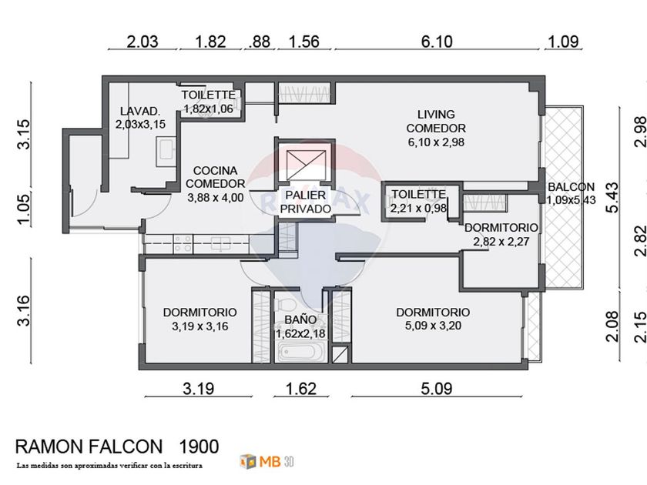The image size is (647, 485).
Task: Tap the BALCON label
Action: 571,187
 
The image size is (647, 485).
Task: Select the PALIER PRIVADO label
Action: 306,202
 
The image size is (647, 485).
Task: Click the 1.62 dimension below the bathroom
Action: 301,388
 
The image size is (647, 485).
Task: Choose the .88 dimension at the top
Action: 260,42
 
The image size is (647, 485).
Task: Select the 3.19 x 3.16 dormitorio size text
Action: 199,326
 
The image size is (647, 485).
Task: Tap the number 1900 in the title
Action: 199,446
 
